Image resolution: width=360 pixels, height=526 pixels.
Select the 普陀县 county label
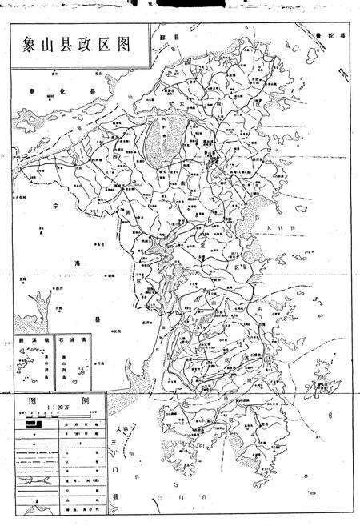(330, 36)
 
